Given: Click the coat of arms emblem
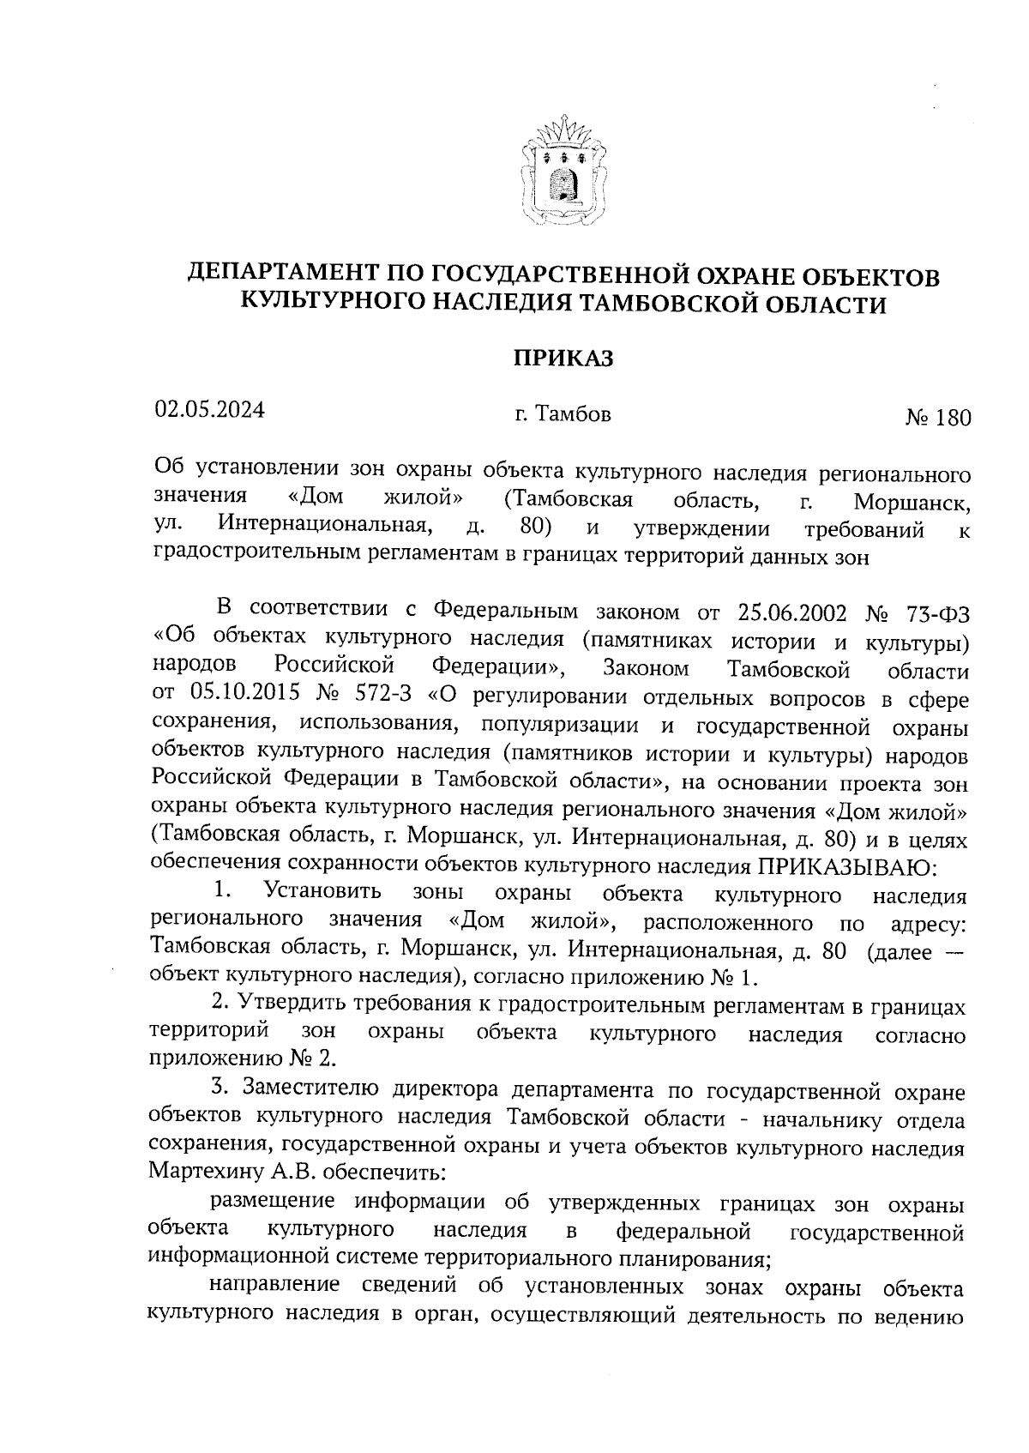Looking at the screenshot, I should [x=563, y=172].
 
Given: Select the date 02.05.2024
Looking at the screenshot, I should [x=209, y=409].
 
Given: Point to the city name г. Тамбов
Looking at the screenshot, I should [x=563, y=415].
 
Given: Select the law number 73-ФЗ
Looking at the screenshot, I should [x=936, y=612].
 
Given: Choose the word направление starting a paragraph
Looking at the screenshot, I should [x=274, y=1287].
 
